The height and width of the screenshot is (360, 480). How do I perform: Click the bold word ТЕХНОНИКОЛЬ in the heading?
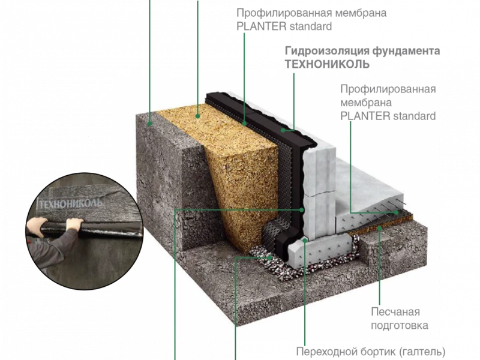tap(327, 64)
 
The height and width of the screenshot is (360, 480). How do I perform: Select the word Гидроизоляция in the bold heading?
tap(327, 51)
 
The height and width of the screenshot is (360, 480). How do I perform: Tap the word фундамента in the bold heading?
tap(406, 51)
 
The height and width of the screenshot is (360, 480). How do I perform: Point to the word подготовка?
tap(400, 325)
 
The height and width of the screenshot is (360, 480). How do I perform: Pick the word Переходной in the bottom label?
tap(327, 352)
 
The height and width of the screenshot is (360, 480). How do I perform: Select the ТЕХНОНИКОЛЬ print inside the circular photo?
tap(70, 203)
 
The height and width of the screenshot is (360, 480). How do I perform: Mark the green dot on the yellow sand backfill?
tap(198, 116)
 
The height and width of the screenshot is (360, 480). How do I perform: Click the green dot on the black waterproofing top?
tap(283, 130)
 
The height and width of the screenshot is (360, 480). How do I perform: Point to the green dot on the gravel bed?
tap(269, 257)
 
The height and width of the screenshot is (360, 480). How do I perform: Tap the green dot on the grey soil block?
tap(149, 124)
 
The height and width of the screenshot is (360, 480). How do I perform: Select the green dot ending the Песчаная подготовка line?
tap(380, 227)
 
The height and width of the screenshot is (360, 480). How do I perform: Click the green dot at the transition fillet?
tap(305, 241)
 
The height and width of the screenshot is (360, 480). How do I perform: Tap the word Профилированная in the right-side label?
tap(388, 89)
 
